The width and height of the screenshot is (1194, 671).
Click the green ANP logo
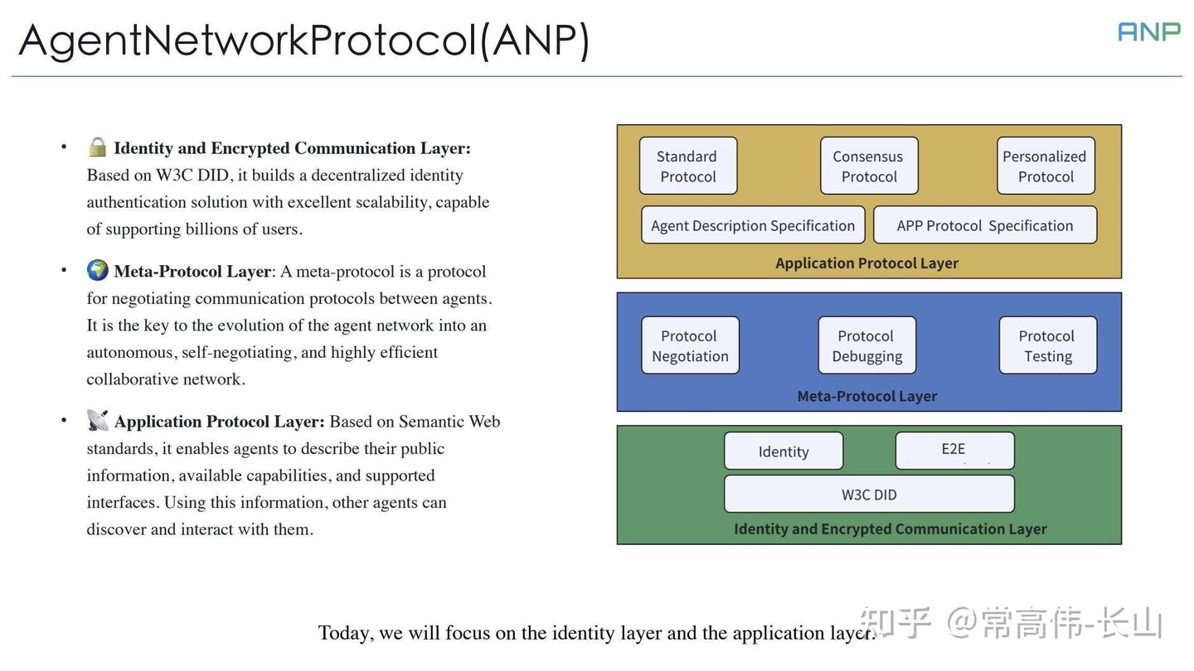[x=1148, y=31]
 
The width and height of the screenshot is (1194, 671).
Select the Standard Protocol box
[x=687, y=166]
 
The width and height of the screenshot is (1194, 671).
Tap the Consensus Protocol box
[x=868, y=166]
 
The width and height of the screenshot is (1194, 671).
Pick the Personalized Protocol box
[x=1045, y=166]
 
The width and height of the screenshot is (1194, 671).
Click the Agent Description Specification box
[x=752, y=225]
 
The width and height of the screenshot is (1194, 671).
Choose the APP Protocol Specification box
[x=984, y=225]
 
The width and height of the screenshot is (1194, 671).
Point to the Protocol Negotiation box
[x=690, y=345]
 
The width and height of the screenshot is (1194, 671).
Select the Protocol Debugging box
[x=866, y=345]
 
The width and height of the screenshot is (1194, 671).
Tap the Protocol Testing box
[x=1047, y=345]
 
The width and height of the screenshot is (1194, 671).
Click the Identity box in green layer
[x=783, y=451]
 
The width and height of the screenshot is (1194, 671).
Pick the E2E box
[x=954, y=450]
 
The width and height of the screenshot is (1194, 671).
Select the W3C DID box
[x=868, y=495]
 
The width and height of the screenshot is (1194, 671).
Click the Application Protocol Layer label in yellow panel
[x=866, y=263]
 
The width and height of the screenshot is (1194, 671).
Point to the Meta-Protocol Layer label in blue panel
[x=866, y=396]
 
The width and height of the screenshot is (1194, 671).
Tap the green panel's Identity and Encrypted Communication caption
[x=890, y=529]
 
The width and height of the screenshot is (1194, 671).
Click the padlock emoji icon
[x=97, y=147]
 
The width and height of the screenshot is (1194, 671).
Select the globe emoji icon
[x=97, y=270]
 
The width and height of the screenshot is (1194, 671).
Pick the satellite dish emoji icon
[x=97, y=420]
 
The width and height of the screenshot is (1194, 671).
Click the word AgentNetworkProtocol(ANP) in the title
[x=303, y=39]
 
